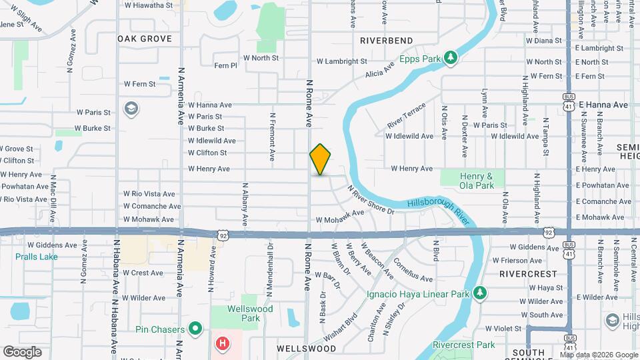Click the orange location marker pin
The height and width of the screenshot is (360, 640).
(320, 159)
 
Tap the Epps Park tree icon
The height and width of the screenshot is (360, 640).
(451, 58)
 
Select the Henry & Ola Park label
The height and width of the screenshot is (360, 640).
(477, 180)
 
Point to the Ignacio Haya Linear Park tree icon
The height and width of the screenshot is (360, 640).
(479, 293)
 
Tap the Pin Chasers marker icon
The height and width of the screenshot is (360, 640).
(195, 328)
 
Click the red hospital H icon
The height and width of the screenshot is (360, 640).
(223, 344)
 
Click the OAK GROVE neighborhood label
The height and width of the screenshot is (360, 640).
(145, 39)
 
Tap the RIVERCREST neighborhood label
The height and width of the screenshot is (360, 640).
(528, 273)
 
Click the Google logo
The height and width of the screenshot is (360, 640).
(22, 351)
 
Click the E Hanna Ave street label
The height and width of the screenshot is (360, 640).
(603, 105)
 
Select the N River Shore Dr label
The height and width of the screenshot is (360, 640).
(371, 199)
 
